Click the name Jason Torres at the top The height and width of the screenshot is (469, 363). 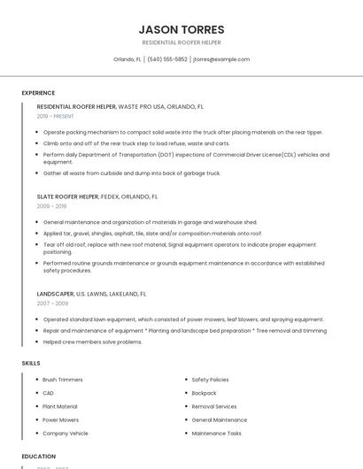[181, 29]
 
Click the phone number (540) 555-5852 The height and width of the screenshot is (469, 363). [167, 59]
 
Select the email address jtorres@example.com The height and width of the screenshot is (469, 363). [221, 59]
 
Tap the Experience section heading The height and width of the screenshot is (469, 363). [38, 92]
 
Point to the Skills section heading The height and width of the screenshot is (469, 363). [31, 363]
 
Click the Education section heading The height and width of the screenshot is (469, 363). [38, 456]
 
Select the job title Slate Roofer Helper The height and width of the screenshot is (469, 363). [67, 196]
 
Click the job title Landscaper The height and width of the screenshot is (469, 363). [55, 293]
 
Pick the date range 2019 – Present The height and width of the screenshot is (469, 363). [56, 116]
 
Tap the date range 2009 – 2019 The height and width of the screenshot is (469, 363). [51, 206]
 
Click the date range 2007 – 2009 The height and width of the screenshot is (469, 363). [51, 303]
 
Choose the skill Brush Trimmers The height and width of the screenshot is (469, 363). [63, 380]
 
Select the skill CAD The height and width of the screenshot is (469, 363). [49, 393]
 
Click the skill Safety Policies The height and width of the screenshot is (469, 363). [210, 380]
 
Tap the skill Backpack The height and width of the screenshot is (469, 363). [204, 393]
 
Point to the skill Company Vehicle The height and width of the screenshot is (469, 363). [66, 434]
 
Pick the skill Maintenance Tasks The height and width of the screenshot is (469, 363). [216, 434]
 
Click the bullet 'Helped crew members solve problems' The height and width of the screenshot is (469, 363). [92, 342]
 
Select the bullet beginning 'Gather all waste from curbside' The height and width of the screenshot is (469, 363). [131, 173]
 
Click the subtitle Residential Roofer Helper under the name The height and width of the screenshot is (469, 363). [181, 42]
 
